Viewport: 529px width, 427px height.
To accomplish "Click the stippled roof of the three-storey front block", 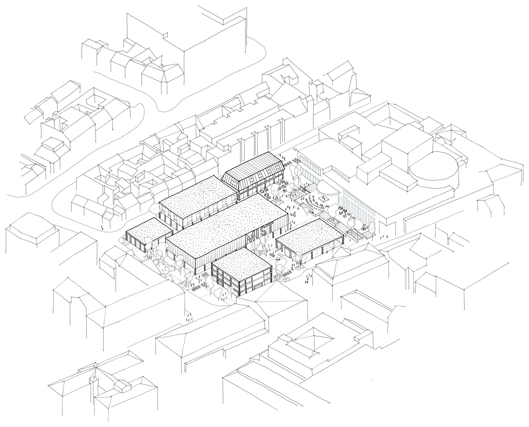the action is tap(241, 259).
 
